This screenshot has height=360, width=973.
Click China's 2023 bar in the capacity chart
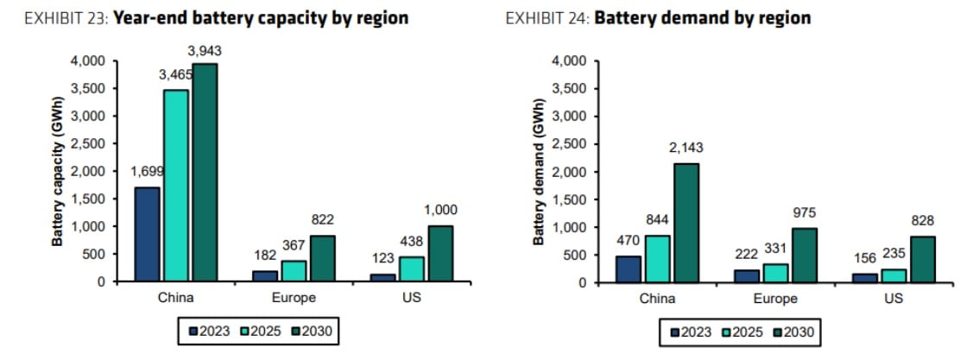tap(147, 234)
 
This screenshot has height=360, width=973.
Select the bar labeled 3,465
tap(175, 186)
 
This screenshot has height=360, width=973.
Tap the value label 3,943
tap(204, 51)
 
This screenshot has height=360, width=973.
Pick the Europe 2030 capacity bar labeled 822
tap(322, 258)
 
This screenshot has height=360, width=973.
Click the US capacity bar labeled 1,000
tap(439, 253)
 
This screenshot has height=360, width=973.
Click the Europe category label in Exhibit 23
tap(294, 298)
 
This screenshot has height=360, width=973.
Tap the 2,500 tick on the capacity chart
tap(91, 144)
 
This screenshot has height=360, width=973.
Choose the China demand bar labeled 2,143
tap(686, 223)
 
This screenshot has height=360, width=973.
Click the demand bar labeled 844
tap(656, 259)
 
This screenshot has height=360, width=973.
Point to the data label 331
tap(774, 249)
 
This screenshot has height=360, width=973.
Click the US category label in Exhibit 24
tap(894, 299)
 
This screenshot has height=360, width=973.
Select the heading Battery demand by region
tap(703, 18)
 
